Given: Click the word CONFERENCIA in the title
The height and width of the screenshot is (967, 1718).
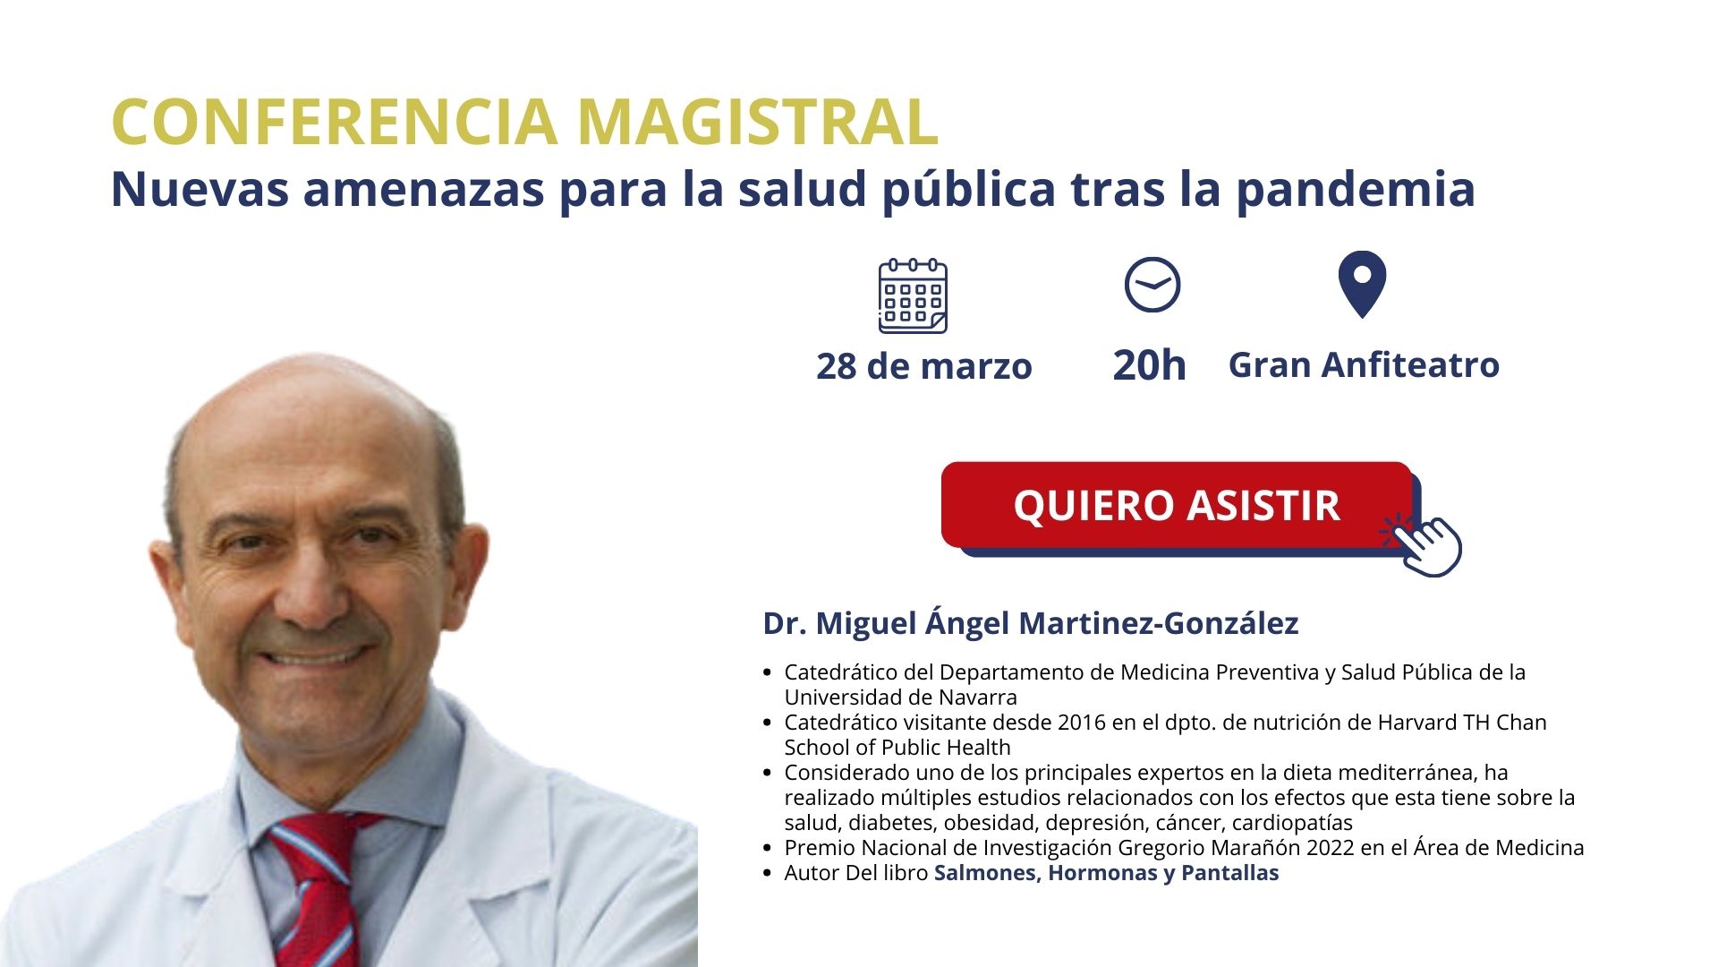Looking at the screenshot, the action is point(335,122).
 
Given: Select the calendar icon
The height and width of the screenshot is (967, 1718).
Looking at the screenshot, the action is point(913,295).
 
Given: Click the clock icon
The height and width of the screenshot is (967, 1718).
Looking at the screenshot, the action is point(1152,285).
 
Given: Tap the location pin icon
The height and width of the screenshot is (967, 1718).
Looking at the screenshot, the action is point(1362,285).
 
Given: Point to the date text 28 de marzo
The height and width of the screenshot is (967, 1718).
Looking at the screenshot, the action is point(924,366).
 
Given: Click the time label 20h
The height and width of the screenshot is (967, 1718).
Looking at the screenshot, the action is point(1150,365).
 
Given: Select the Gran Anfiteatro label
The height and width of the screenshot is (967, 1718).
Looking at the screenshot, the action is point(1364,365).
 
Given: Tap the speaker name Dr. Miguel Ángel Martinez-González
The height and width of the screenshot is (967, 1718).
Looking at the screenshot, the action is point(1031,623).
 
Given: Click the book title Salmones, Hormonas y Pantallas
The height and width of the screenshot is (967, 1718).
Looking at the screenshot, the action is point(1107,873).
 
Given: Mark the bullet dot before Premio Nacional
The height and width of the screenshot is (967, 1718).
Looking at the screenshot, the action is point(768,848).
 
